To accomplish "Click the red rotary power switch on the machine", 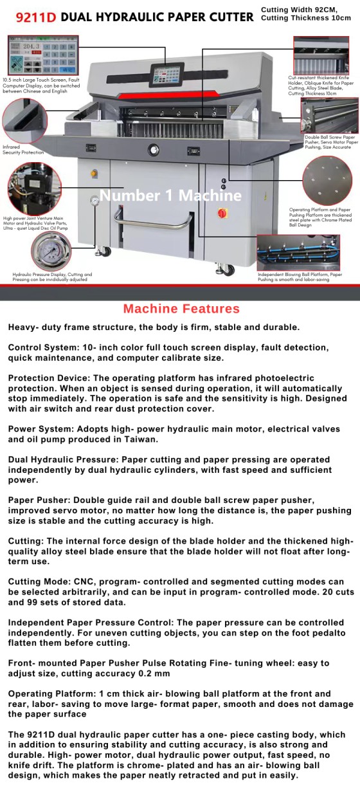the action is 222,212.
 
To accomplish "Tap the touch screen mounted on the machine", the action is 167,75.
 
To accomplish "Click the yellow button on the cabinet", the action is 94,173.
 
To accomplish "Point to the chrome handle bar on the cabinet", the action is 153,220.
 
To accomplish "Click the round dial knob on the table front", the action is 153,150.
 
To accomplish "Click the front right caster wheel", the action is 226,270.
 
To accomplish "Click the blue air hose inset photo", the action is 298,253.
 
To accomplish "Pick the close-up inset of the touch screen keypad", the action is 43,55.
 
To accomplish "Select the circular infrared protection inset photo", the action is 24,121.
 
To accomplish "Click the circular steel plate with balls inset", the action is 327,180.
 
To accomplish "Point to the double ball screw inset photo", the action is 329,116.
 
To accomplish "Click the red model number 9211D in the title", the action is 36,17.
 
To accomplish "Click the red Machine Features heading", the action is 181,309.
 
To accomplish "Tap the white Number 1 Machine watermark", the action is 170,196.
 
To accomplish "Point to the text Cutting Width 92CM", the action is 299,10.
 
